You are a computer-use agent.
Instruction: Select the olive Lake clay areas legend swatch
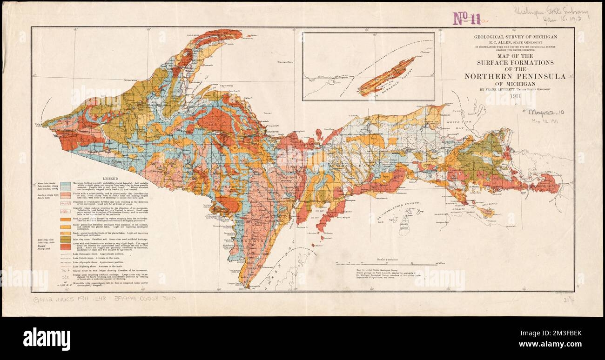pyautogui.click(x=66, y=239)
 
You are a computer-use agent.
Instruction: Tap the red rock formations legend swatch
pyautogui.click(x=66, y=246)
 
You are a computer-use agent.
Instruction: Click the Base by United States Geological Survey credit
pyautogui.click(x=363, y=270)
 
